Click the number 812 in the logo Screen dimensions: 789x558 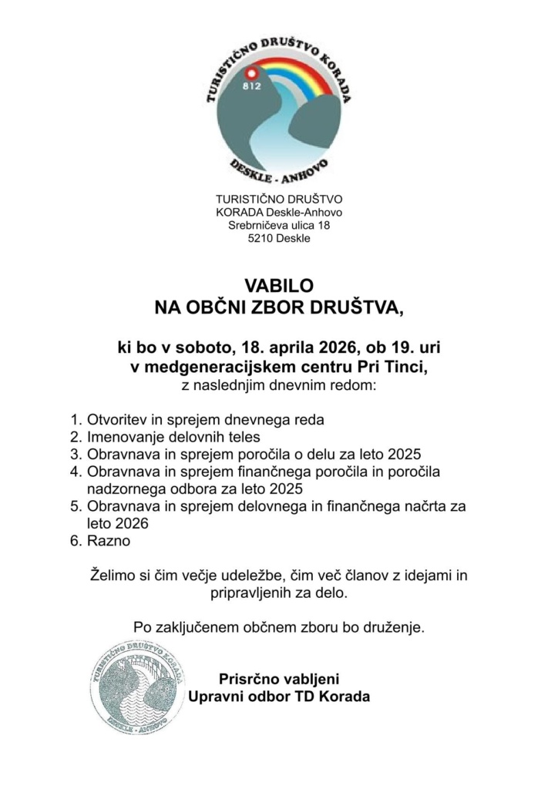point(251,86)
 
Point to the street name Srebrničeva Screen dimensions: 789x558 point(260,225)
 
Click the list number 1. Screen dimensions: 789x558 point(75,421)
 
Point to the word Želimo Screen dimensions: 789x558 point(113,576)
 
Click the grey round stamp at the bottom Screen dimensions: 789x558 point(136,688)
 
